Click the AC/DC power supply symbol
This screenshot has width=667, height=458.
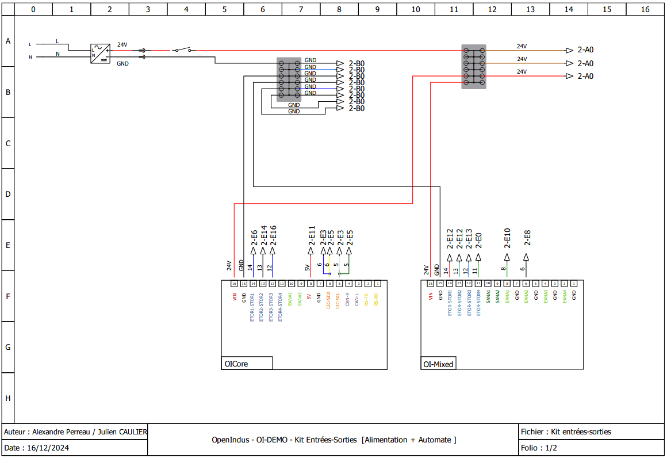click(x=100, y=54)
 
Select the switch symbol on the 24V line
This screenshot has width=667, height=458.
click(x=183, y=51)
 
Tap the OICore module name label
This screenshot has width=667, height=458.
click(x=236, y=364)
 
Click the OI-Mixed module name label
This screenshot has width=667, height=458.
click(x=438, y=364)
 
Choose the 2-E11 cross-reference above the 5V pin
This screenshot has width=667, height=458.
click(x=311, y=235)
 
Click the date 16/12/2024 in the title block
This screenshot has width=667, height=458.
click(x=49, y=448)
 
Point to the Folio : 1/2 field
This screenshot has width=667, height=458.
click(x=539, y=448)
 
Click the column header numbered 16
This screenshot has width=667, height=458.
click(x=645, y=9)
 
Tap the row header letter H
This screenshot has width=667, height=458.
click(x=8, y=398)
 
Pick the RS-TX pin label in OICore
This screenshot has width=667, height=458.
click(x=367, y=299)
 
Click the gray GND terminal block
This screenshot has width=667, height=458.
click(x=289, y=79)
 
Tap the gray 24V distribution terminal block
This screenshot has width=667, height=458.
click(x=473, y=67)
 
